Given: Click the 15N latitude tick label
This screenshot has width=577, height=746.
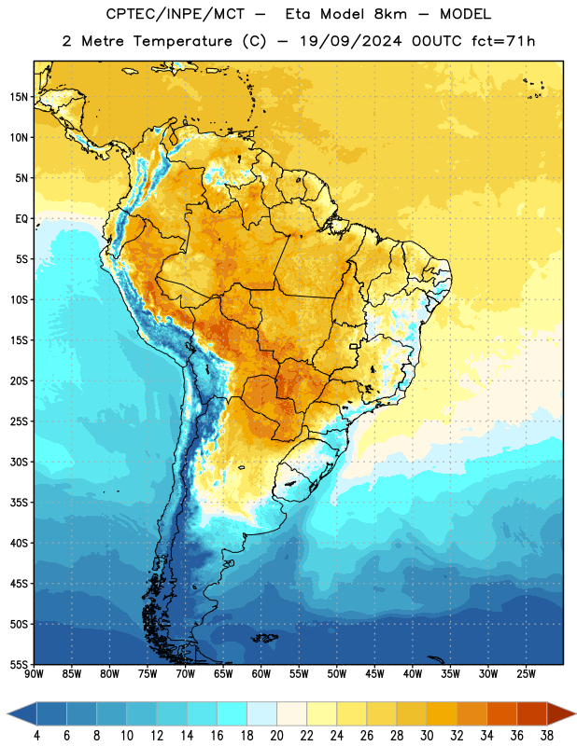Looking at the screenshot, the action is (x=19, y=97).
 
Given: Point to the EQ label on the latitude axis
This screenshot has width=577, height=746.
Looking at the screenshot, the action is (x=21, y=219).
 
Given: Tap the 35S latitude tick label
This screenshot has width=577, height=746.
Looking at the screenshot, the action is (x=19, y=503).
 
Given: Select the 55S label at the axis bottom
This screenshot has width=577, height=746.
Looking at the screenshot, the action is (x=19, y=664).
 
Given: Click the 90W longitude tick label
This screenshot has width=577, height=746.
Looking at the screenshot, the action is (x=34, y=674).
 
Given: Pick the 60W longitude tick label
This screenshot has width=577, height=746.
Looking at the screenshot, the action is (x=261, y=674).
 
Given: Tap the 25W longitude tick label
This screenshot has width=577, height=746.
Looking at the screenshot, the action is (x=526, y=674).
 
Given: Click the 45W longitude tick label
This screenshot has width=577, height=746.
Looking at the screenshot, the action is (x=374, y=674).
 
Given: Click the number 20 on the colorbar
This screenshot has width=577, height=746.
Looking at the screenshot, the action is (x=276, y=736).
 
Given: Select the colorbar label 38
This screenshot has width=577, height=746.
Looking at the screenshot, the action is (x=547, y=736).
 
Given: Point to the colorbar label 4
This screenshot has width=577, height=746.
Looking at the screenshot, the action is (x=36, y=736).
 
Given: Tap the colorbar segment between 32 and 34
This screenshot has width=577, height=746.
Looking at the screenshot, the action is (x=471, y=713).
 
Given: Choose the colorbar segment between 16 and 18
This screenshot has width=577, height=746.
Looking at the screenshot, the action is (x=232, y=713).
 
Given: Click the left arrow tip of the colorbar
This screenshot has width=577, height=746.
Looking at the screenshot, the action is (x=7, y=713).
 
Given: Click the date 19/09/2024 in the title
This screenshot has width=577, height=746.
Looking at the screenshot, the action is (x=351, y=41).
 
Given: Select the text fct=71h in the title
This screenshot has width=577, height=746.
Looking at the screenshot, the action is (x=503, y=41).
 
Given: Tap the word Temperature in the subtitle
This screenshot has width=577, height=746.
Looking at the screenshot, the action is (x=182, y=42).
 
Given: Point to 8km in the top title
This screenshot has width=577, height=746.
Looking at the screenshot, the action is (x=390, y=14).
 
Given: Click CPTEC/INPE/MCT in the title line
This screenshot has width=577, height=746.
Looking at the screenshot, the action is (x=176, y=14).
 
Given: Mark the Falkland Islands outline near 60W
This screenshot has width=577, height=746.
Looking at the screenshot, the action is (x=265, y=638).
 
